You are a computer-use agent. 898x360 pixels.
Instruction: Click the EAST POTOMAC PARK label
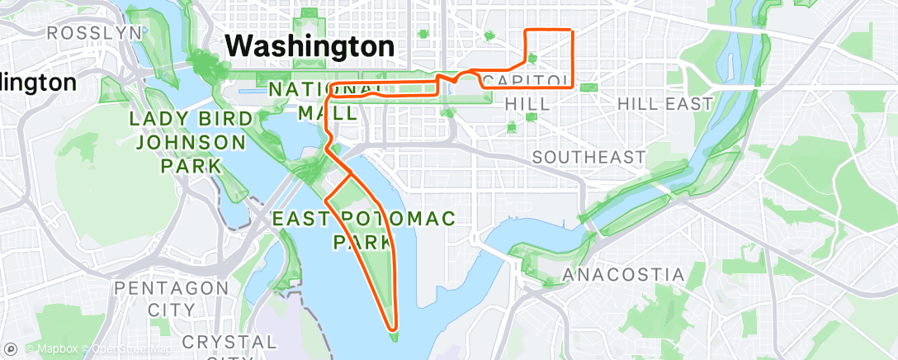(x=363, y=230)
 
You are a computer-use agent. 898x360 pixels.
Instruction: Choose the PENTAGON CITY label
(x=173, y=298)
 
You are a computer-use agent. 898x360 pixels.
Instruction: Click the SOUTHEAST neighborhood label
(x=588, y=157)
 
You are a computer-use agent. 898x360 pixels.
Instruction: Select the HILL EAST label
(x=664, y=104)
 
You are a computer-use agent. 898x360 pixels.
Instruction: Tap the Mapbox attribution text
(x=57, y=348)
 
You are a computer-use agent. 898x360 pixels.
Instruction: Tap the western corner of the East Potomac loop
(x=327, y=200)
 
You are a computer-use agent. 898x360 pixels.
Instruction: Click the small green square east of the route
(x=588, y=88)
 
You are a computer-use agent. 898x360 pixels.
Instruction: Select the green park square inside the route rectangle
(x=532, y=59)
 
